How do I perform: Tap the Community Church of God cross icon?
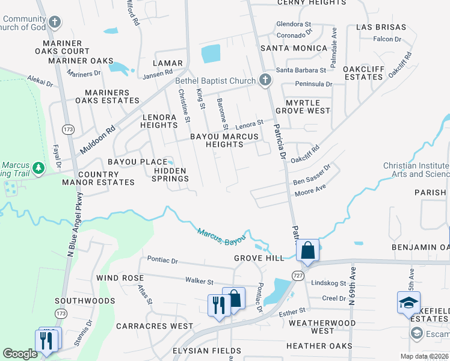point(55,23)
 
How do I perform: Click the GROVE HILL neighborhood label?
point(259,258)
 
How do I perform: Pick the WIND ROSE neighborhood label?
point(120,278)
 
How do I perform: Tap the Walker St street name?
point(199,281)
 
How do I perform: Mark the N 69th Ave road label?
point(353,288)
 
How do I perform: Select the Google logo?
point(20,354)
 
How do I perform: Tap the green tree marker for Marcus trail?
point(39,167)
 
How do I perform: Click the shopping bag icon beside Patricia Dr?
point(307,250)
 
